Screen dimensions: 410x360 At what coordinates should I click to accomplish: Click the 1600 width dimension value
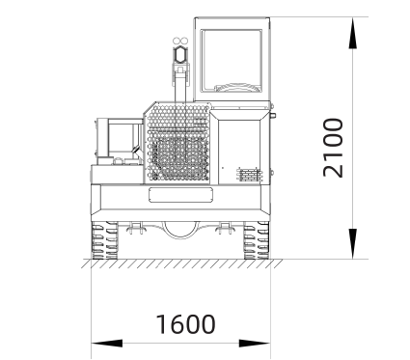[185, 323]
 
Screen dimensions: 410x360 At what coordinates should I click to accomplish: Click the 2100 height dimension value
[334, 148]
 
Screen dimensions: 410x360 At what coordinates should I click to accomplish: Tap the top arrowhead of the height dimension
[353, 33]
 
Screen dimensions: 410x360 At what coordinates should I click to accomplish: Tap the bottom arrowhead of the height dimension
[353, 243]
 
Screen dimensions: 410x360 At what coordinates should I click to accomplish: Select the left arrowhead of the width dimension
[107, 344]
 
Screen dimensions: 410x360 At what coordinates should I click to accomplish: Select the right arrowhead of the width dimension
[255, 344]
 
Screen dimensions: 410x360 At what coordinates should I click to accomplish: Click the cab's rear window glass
[232, 61]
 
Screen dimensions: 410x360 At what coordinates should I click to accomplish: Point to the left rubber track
[105, 240]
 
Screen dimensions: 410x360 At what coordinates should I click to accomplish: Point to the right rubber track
[257, 240]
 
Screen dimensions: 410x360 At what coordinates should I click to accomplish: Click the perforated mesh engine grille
[178, 143]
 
